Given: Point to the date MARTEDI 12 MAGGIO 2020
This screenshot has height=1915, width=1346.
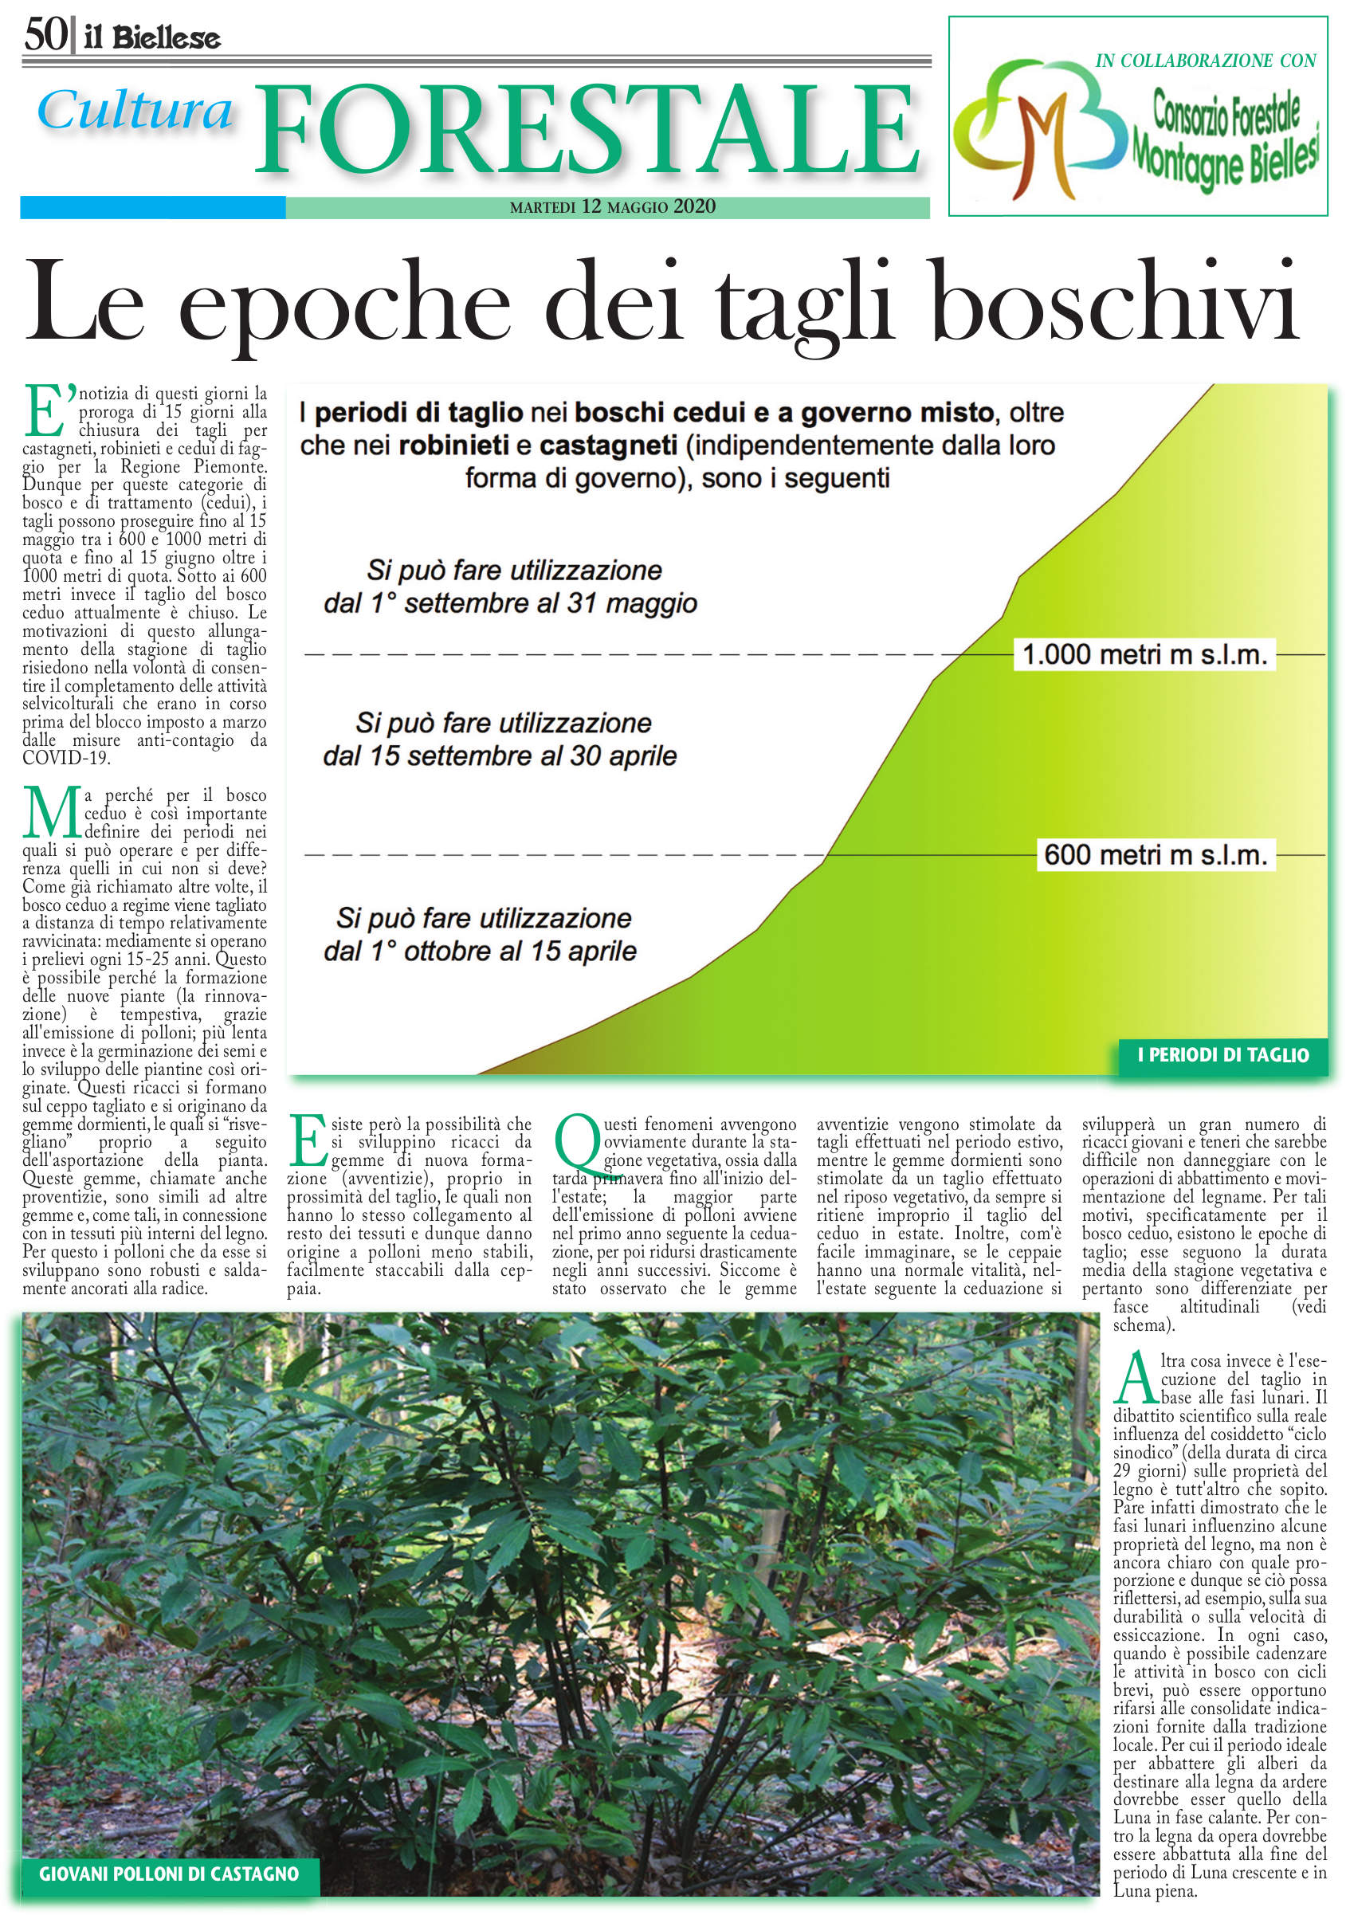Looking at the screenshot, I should (612, 207).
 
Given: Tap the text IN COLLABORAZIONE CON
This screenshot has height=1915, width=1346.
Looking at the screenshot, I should (1205, 61).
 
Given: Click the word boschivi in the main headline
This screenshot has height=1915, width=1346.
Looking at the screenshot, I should (1114, 303).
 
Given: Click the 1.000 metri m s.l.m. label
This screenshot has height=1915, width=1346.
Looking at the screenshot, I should (1144, 655).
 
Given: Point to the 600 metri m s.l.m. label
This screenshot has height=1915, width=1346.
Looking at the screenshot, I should (1155, 855).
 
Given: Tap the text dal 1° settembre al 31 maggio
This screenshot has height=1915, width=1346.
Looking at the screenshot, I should (510, 603).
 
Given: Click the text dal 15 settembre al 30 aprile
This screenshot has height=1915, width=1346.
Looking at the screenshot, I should (500, 756).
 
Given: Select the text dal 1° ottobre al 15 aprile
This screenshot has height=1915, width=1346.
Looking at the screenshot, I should (480, 952).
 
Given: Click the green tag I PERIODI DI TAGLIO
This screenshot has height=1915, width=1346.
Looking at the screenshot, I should (1222, 1055).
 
